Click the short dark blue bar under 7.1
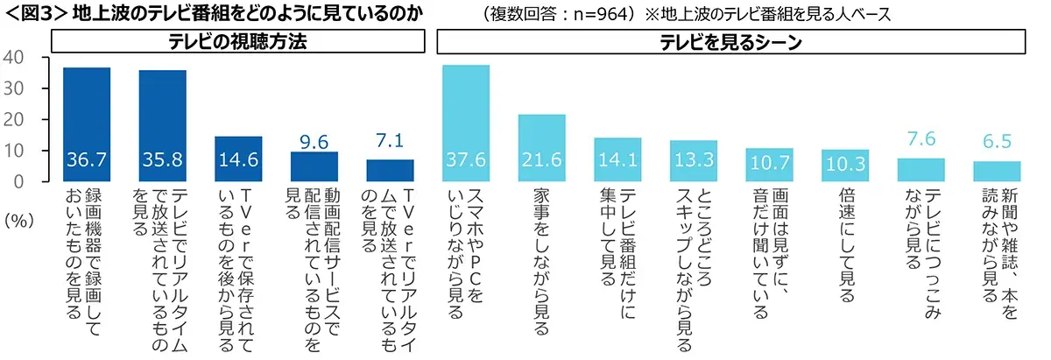click(390, 170)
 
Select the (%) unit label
click(18, 220)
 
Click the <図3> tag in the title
click(34, 14)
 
